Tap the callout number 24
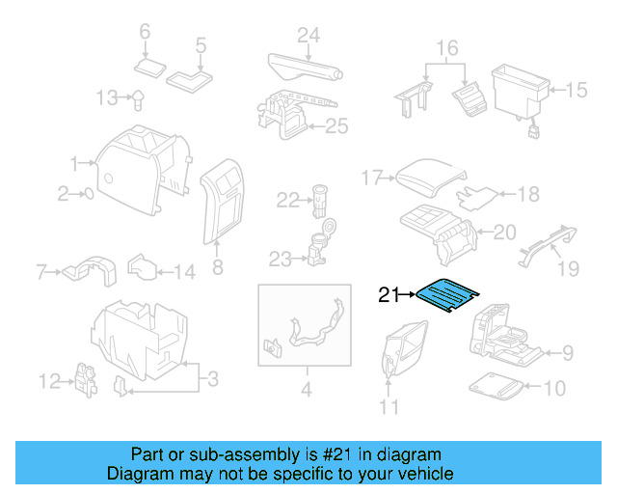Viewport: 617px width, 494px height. (x=308, y=36)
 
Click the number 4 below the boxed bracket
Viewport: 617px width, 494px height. (x=306, y=391)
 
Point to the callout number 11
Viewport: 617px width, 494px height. (x=389, y=407)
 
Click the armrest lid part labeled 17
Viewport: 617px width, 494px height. (x=430, y=177)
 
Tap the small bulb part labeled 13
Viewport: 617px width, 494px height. (x=138, y=96)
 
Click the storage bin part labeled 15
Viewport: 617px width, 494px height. (x=520, y=89)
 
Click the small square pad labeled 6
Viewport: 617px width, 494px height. (x=150, y=67)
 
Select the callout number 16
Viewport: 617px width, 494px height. (x=446, y=47)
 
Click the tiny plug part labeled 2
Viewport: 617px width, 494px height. (x=88, y=194)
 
